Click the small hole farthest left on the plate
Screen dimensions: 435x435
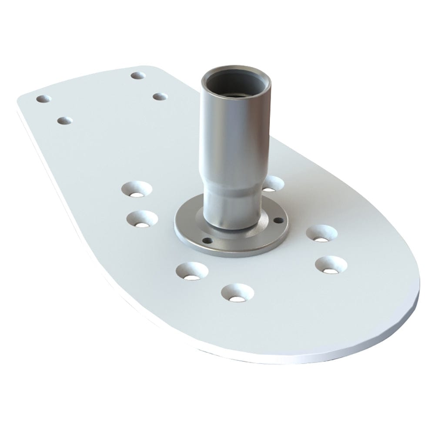click(43, 99)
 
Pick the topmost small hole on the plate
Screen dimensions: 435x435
click(138, 76)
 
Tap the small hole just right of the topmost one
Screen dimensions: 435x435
click(160, 97)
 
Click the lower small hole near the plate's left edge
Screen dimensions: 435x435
click(65, 120)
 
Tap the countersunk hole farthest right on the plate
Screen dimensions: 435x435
click(331, 264)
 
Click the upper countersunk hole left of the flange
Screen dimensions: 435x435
click(137, 189)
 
